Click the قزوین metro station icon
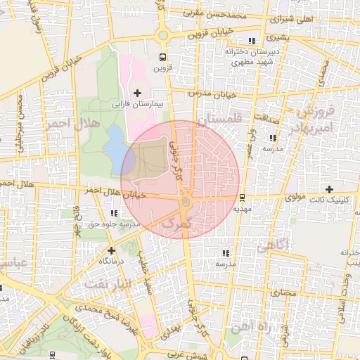pyautogui.click(x=163, y=58)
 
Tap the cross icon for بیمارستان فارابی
pyautogui.click(x=136, y=93)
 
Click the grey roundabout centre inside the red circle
pyautogui.click(x=186, y=202)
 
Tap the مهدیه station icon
pyautogui.click(x=243, y=198)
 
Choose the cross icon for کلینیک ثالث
pyautogui.click(x=329, y=188)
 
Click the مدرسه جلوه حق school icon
pyautogui.click(x=114, y=214)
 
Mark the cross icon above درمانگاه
pyautogui.click(x=111, y=250)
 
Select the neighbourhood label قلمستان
pyautogui.click(x=219, y=120)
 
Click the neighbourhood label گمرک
pyautogui.click(x=176, y=223)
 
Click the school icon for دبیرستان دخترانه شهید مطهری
pyautogui.click(x=252, y=41)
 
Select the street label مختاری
pyautogui.click(x=284, y=291)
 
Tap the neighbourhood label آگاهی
pyautogui.click(x=273, y=245)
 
